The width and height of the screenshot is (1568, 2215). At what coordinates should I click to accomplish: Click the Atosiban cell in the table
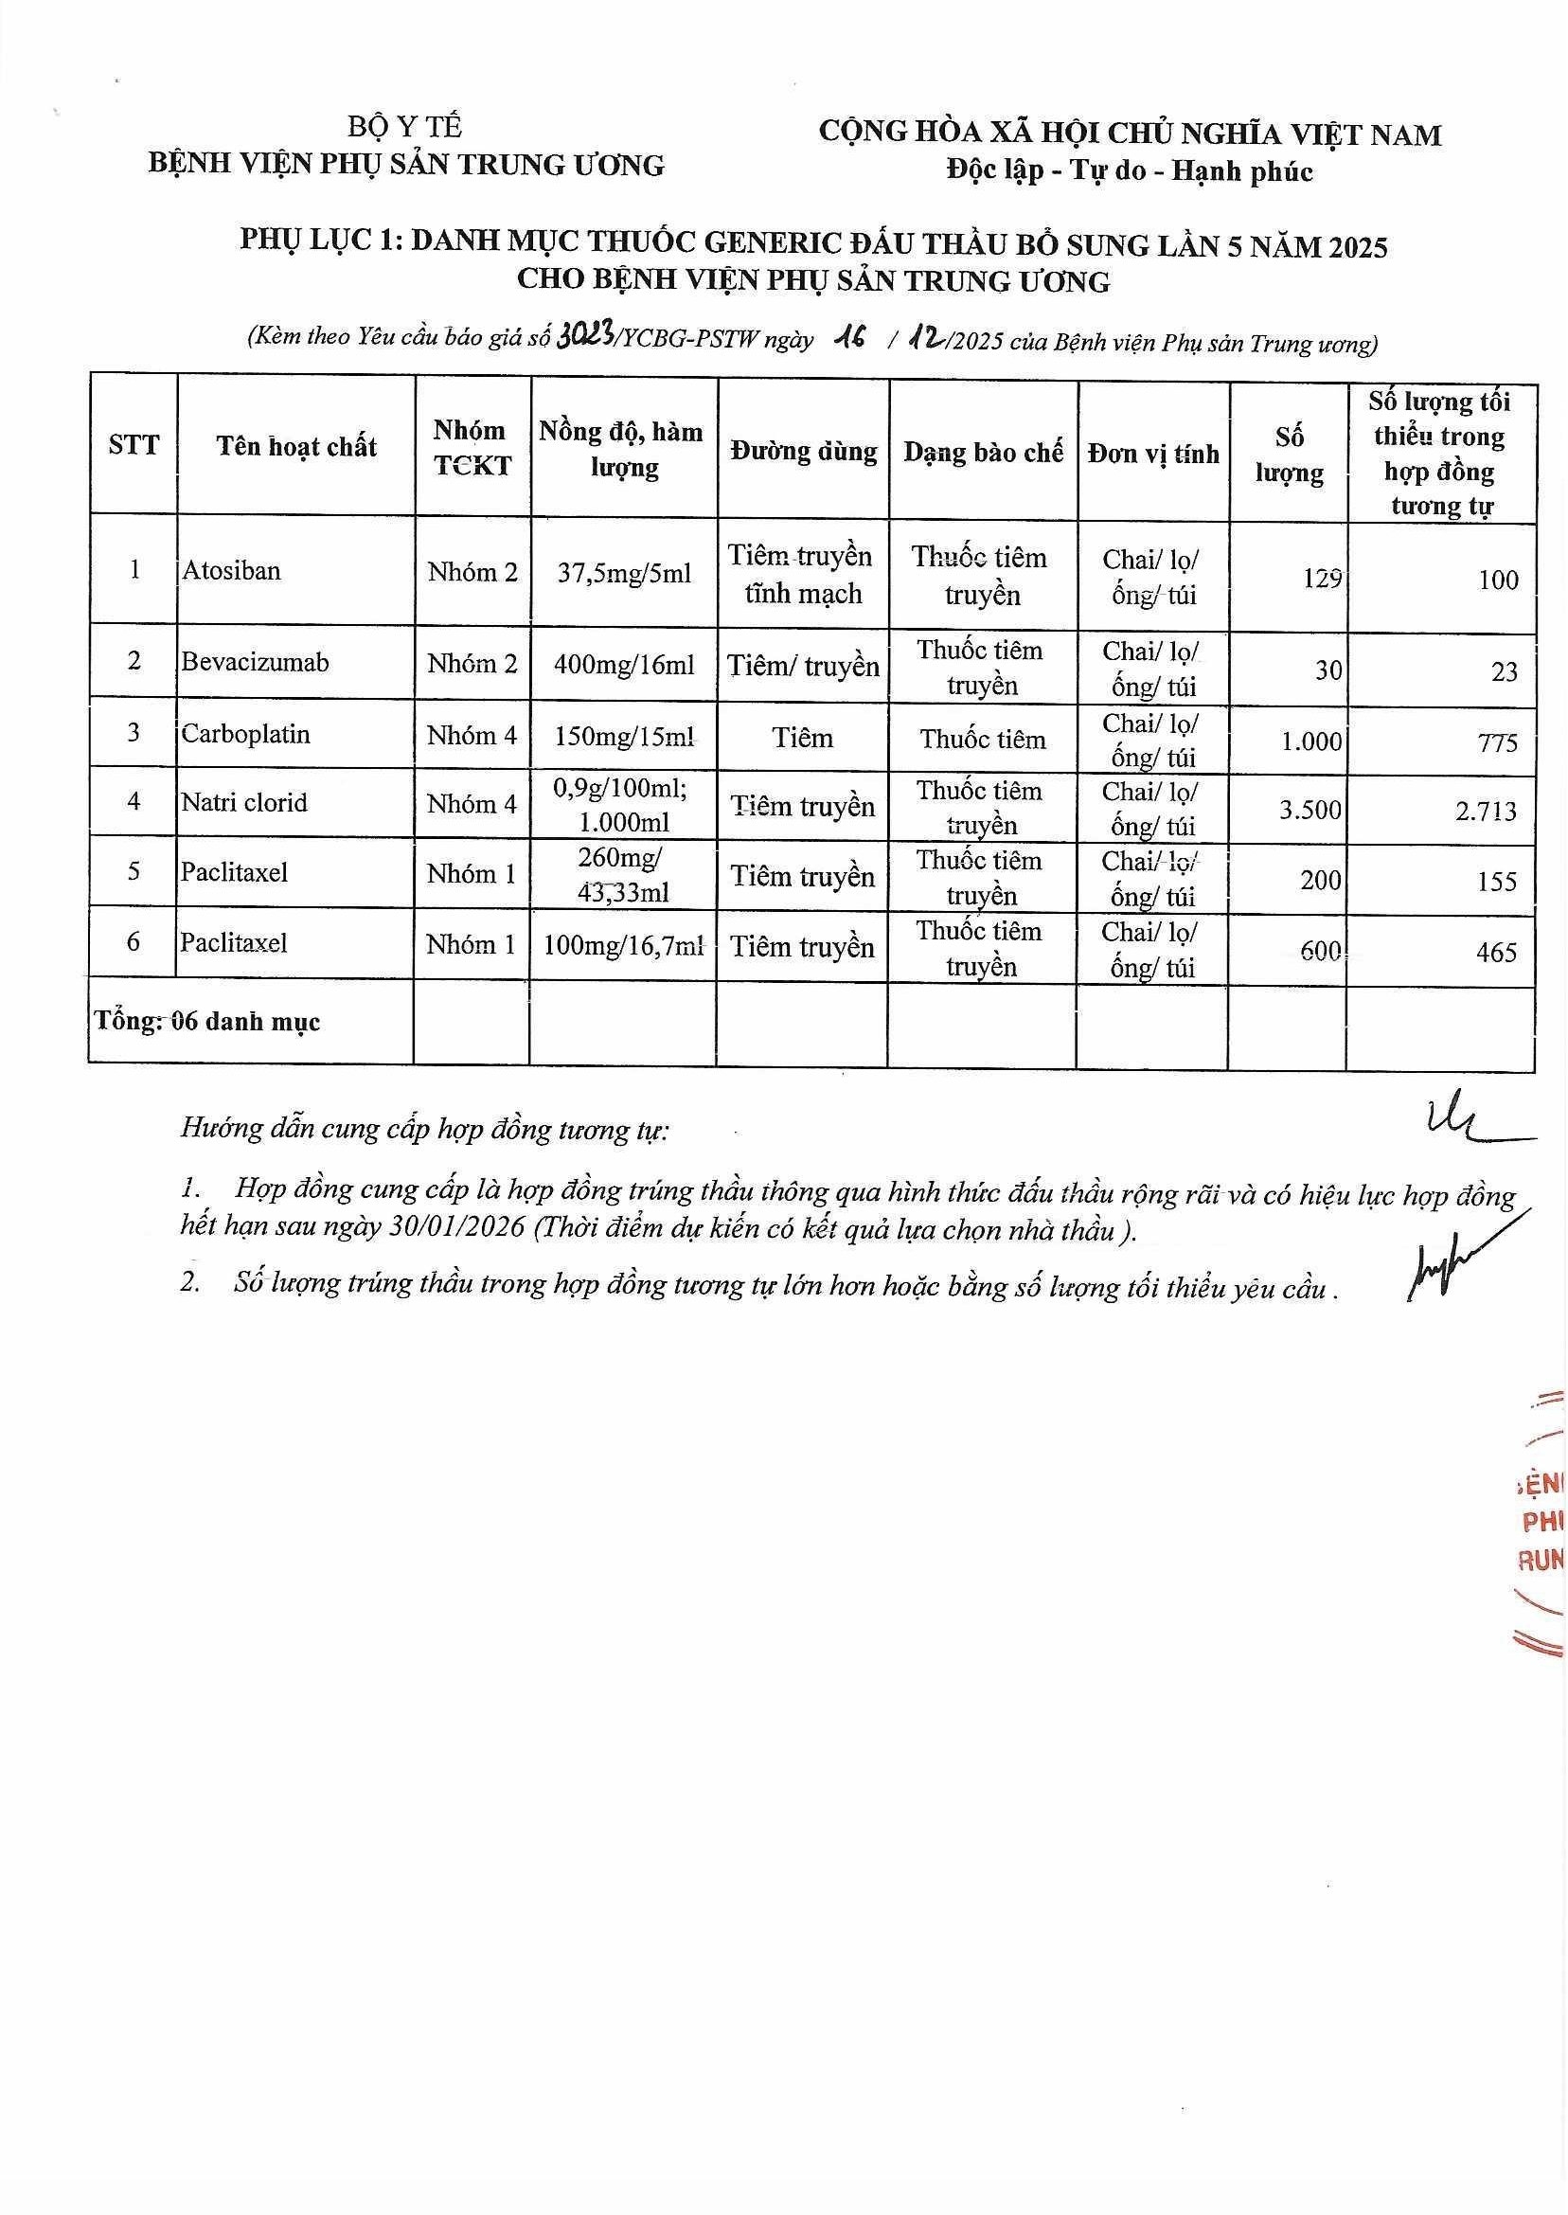[x=232, y=571]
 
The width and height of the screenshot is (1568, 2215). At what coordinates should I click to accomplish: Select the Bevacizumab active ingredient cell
[x=255, y=662]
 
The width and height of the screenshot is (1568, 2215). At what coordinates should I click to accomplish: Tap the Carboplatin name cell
[x=245, y=735]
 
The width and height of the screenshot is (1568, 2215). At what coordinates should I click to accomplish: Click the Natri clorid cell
[x=243, y=802]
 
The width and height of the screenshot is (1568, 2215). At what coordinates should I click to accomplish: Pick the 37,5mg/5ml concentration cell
[x=624, y=574]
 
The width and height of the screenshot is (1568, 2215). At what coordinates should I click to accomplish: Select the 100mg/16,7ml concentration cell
[x=623, y=946]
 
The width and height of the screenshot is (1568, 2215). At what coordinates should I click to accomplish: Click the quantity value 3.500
[x=1310, y=810]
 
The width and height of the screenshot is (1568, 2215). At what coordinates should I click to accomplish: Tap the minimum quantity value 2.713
[x=1486, y=811]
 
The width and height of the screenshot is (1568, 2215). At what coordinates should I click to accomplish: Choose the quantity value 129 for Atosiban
[x=1321, y=579]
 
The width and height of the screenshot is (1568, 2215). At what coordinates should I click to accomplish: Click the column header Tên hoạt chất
[x=295, y=446]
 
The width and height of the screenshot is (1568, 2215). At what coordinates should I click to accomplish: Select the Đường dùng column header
[x=803, y=451]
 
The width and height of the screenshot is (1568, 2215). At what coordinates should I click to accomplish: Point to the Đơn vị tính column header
[x=1153, y=453]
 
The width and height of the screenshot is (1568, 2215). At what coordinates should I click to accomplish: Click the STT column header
[x=134, y=445]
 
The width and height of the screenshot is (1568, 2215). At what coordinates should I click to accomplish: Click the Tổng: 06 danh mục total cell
[x=207, y=1022]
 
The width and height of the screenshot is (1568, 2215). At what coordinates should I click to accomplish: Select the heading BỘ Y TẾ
[x=405, y=128]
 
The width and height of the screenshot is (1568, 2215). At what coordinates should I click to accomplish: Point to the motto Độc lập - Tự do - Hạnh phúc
[x=1130, y=171]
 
